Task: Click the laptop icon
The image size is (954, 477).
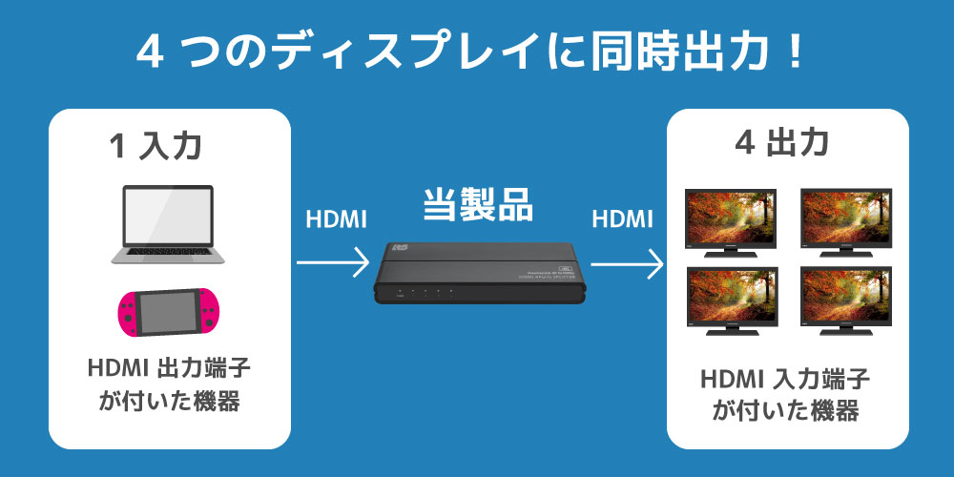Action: [168, 224]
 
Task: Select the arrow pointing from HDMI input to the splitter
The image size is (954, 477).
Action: [333, 263]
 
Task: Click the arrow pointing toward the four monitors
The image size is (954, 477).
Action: [627, 264]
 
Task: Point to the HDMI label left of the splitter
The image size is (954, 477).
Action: [336, 219]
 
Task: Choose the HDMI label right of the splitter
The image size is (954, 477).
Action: [622, 219]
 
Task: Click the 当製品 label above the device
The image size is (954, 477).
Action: [478, 205]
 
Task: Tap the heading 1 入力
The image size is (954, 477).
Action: [156, 147]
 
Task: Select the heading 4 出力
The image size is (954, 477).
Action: [782, 144]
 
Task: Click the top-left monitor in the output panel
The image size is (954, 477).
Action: [731, 222]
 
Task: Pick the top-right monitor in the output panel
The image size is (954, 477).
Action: [845, 222]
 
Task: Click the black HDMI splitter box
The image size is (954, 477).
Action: [479, 273]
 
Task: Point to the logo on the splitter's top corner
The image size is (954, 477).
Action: [401, 248]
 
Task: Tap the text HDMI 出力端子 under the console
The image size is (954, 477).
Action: [170, 368]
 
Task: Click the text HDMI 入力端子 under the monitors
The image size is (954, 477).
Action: [785, 380]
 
